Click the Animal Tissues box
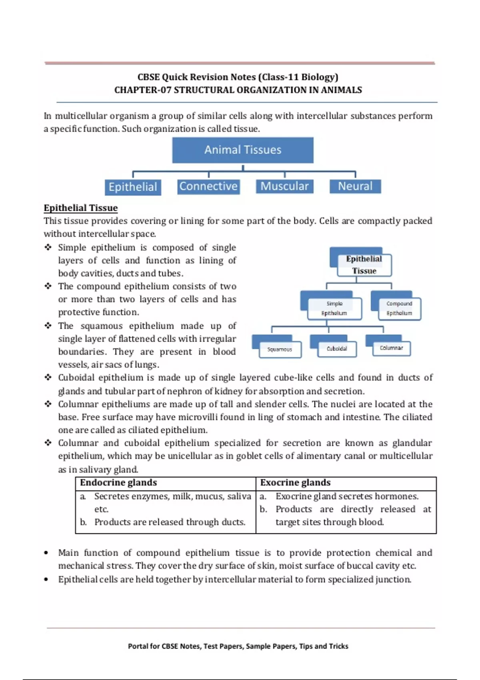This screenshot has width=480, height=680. [x=243, y=150]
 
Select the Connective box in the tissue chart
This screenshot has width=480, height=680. [x=208, y=186]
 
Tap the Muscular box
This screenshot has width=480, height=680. [x=284, y=186]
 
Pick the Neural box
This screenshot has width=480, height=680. [x=355, y=186]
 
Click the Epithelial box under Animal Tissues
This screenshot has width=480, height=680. [x=133, y=187]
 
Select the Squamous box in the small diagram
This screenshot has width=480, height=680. [x=280, y=350]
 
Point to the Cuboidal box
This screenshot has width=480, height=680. [x=337, y=349]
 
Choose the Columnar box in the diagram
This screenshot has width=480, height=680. [x=391, y=348]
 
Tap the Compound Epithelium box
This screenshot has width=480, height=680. [x=399, y=308]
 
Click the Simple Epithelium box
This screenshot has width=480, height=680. [x=334, y=308]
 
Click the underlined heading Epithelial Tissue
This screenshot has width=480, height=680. [x=81, y=208]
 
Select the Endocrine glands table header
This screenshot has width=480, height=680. [x=118, y=483]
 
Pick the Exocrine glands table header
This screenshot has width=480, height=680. [x=295, y=483]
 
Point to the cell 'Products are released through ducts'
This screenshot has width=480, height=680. [x=170, y=522]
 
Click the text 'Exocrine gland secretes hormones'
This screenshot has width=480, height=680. [x=347, y=496]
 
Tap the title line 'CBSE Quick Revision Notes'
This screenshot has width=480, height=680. [x=238, y=77]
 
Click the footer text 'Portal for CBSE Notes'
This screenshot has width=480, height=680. [x=238, y=646]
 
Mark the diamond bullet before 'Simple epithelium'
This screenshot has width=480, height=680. [x=48, y=248]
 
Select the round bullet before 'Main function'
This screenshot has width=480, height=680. [x=46, y=553]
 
